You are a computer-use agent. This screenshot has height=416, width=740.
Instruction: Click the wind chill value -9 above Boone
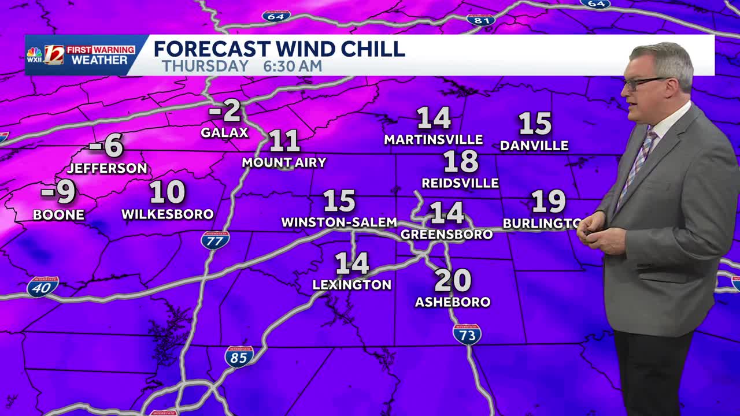pyautogui.click(x=59, y=193)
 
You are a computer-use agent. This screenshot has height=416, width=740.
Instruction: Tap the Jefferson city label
pyautogui.click(x=108, y=169)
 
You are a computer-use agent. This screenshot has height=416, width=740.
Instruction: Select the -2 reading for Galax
pyautogui.click(x=224, y=111)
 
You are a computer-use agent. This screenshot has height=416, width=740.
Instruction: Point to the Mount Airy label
pyautogui.click(x=284, y=162)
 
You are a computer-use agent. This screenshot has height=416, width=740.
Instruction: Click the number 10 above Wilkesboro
pyautogui.click(x=167, y=192)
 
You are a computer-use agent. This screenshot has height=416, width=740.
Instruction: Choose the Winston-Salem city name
pyautogui.click(x=339, y=222)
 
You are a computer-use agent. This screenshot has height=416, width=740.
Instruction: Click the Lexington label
pyautogui.click(x=351, y=285)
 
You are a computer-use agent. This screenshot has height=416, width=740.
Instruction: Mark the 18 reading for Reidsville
pyautogui.click(x=461, y=162)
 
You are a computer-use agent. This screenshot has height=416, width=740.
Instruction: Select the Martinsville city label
pyautogui.click(x=434, y=140)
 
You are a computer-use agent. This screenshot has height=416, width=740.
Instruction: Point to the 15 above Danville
pyautogui.click(x=535, y=124)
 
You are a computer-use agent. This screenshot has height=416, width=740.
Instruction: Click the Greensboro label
pyautogui.click(x=446, y=235)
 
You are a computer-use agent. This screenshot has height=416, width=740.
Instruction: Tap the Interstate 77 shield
pyautogui.click(x=215, y=240)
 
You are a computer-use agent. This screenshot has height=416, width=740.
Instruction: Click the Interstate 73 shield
pyautogui.click(x=467, y=335)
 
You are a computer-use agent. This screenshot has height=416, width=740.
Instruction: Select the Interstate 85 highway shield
pyautogui.click(x=239, y=356)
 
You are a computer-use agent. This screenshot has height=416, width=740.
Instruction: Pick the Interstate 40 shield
pyautogui.click(x=42, y=287)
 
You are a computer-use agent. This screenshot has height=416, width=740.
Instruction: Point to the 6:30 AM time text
pyautogui.click(x=293, y=66)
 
